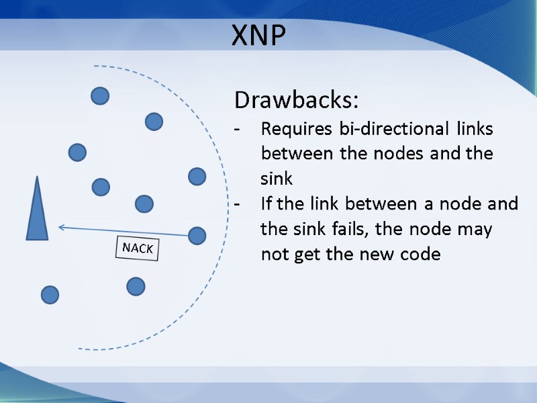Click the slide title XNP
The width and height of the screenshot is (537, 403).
coord(258,35)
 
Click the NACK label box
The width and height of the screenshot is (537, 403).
coord(138,249)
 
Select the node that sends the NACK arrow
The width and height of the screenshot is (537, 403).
coord(197,236)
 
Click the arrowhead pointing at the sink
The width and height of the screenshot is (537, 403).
coord(61,227)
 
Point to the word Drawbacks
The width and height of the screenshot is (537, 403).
coord(296,101)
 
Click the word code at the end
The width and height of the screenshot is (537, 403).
coord(420,255)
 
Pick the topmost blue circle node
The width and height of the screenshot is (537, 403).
coord(100,96)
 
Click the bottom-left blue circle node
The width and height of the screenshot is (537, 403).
coord(50,294)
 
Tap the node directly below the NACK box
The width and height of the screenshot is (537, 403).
coord(136,287)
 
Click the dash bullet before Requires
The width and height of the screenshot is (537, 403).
coord(237,128)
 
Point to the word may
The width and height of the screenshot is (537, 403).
coord(475,229)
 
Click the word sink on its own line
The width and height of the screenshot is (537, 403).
coord(277,179)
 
